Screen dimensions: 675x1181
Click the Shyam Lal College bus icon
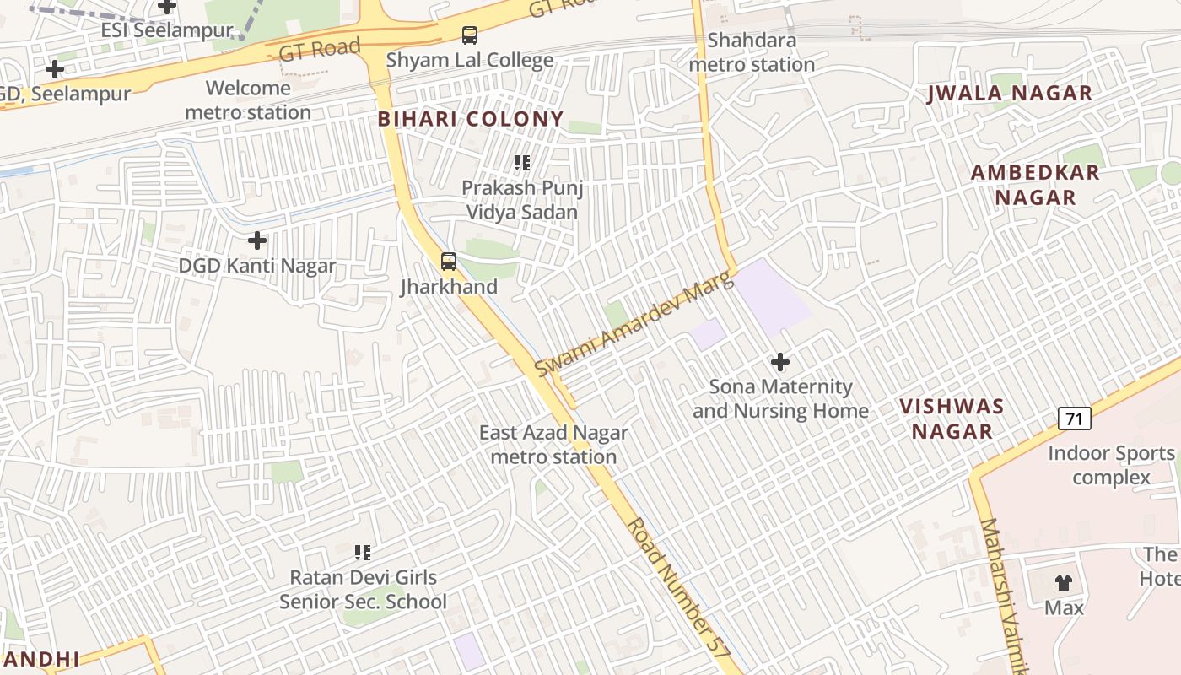pyautogui.click(x=470, y=35)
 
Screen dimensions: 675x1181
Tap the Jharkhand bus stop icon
pyautogui.click(x=449, y=262)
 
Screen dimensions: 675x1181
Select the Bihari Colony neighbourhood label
pyautogui.click(x=471, y=119)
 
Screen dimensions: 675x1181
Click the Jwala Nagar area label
pyautogui.click(x=1010, y=94)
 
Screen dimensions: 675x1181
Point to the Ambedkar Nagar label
pyautogui.click(x=1035, y=185)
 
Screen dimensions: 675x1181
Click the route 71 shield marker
pyautogui.click(x=1074, y=418)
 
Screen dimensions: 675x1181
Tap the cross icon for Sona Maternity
pyautogui.click(x=780, y=363)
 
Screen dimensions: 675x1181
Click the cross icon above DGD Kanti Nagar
pyautogui.click(x=257, y=241)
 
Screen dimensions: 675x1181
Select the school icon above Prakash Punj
pyautogui.click(x=522, y=163)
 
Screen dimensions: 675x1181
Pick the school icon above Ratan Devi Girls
pyautogui.click(x=363, y=553)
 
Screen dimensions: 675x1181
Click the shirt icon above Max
pyautogui.click(x=1064, y=583)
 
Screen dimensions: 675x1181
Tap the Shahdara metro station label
pyautogui.click(x=752, y=52)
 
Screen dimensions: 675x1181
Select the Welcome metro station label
pyautogui.click(x=248, y=100)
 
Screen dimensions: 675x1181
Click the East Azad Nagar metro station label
pyautogui.click(x=553, y=445)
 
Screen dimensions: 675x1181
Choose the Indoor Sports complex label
pyautogui.click(x=1111, y=465)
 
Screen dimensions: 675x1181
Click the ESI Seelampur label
pyautogui.click(x=167, y=30)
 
